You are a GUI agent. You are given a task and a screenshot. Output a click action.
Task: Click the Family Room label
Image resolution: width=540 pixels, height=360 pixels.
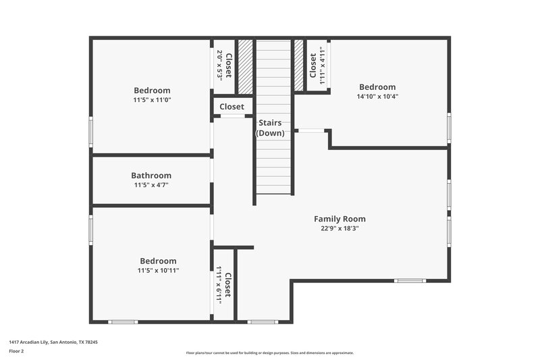click(x=340, y=219)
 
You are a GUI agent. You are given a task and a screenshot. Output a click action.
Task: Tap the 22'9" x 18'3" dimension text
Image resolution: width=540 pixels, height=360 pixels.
click(x=340, y=228)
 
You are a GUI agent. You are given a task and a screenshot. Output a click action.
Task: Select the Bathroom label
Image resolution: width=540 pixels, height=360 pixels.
click(x=151, y=176)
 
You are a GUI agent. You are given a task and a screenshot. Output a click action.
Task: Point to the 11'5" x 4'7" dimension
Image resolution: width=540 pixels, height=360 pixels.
click(x=151, y=184)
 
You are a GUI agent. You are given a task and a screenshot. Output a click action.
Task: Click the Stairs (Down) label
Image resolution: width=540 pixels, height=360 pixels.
click(x=270, y=128)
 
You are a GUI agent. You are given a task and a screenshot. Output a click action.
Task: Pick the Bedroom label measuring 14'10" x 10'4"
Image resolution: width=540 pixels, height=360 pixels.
click(x=377, y=87)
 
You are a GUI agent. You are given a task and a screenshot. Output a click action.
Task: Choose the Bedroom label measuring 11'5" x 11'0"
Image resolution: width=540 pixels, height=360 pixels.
click(x=152, y=91)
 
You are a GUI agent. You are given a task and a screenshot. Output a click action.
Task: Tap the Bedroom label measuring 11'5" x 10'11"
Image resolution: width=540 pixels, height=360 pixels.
click(x=158, y=261)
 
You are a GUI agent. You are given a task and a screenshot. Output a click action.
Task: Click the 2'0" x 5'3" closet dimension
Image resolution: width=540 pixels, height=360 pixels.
click(x=219, y=66)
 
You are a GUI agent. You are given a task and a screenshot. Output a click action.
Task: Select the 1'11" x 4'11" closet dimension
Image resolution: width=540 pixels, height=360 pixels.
click(x=322, y=64)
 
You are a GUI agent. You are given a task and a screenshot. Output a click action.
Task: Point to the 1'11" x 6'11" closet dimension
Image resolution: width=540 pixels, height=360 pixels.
click(x=219, y=286)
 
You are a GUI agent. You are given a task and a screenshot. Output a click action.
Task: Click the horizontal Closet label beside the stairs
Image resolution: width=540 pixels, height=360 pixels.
click(x=232, y=107)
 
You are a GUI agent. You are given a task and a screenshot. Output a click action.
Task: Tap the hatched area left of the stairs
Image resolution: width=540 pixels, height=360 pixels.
click(x=246, y=66)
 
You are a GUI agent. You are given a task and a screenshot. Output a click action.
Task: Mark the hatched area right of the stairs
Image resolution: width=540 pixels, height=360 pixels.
click(x=299, y=66)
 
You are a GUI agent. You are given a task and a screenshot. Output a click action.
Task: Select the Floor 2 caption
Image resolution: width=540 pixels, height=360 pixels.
click(x=16, y=352)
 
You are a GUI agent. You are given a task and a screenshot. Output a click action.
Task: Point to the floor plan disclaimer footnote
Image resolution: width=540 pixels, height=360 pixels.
click(x=269, y=353)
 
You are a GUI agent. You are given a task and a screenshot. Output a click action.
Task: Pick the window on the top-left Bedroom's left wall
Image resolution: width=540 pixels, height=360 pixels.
click(x=90, y=131)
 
